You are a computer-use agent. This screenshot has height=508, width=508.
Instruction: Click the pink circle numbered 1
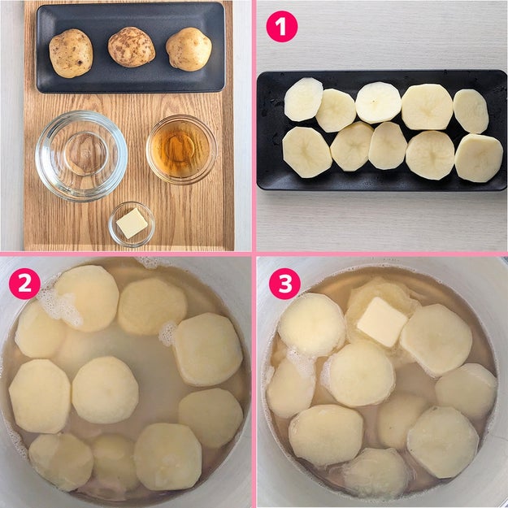click(x=281, y=26)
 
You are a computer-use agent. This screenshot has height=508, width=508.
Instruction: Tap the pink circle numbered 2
click(x=24, y=284)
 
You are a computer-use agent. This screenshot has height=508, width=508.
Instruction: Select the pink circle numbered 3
click(x=284, y=284)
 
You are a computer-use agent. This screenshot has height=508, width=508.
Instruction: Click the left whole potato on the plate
click(x=71, y=53)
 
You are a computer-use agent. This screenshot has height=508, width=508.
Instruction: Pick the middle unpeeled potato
click(x=131, y=47)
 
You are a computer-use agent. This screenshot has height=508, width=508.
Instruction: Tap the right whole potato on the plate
click(x=189, y=49)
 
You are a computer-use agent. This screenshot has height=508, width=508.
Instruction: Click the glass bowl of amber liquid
click(x=181, y=150)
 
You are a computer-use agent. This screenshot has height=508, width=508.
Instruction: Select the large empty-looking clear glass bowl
click(x=81, y=156)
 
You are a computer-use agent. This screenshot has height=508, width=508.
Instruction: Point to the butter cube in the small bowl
click(x=132, y=224)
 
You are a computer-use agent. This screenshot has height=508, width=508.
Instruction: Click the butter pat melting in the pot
click(x=382, y=322)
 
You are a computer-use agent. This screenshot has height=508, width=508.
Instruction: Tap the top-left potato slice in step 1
click(x=303, y=99)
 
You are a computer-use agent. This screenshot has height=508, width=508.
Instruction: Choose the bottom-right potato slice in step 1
click(x=479, y=158)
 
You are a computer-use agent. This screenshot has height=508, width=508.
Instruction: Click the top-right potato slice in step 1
click(x=471, y=111)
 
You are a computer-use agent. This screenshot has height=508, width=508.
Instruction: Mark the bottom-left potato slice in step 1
click(x=306, y=152)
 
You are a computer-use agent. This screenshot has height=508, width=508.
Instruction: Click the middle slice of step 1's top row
click(x=378, y=102)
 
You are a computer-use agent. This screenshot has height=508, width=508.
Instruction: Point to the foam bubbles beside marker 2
click(x=60, y=306)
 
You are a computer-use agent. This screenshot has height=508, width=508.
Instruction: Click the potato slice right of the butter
click(x=436, y=340)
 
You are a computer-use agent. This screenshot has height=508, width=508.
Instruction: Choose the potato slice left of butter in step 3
click(x=311, y=325)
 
